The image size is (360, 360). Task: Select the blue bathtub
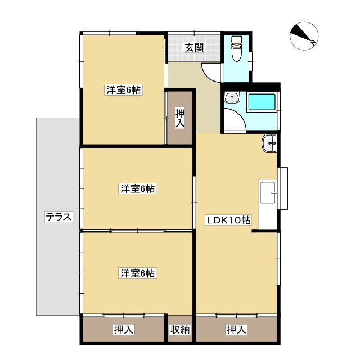[x=262, y=102]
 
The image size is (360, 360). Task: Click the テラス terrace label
[x=58, y=217]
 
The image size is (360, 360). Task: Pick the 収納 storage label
[x=181, y=330]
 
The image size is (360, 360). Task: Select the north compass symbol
[x=304, y=37]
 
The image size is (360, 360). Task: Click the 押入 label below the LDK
[x=236, y=330]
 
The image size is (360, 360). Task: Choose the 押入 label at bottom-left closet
[x=123, y=330]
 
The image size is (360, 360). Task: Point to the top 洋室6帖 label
[x=123, y=89]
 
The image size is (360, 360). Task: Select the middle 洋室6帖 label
[x=137, y=188]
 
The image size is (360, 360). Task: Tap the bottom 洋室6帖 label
[x=137, y=273]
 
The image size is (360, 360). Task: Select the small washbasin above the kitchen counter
[x=270, y=144]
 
